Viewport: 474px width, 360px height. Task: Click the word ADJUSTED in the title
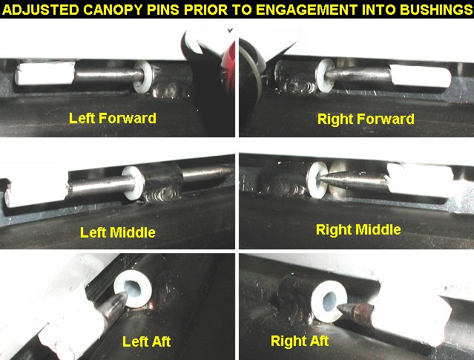(x=41, y=10)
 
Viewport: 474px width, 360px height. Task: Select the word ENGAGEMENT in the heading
(x=307, y=10)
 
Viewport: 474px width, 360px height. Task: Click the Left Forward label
(x=113, y=118)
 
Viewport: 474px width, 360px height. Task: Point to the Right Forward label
(x=366, y=119)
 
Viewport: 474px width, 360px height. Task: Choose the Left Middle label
(x=118, y=232)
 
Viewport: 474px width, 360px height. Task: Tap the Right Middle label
(x=358, y=229)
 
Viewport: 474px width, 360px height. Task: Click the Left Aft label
(x=146, y=341)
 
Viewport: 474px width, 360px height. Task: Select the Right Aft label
(x=299, y=341)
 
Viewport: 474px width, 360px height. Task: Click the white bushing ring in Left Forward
(x=142, y=76)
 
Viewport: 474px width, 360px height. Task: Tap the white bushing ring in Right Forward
(x=325, y=75)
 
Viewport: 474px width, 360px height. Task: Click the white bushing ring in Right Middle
(x=317, y=179)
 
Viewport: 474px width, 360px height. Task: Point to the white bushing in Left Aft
(x=133, y=289)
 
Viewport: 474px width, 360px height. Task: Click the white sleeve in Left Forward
(x=45, y=73)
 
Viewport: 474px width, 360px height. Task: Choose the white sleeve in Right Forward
(x=420, y=76)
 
